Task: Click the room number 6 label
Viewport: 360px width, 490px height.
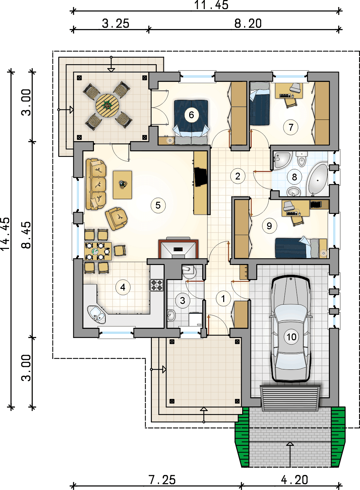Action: coord(191,115)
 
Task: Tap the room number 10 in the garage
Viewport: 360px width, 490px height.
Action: coord(291,337)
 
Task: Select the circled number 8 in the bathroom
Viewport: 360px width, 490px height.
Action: coord(295,177)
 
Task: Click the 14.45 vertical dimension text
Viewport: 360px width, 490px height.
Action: coord(6,234)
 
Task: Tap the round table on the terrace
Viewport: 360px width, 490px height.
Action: coord(107,106)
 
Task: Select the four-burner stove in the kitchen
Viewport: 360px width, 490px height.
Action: coord(156,285)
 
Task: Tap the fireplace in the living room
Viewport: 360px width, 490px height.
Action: coord(178,249)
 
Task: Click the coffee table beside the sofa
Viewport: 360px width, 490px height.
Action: coord(122,185)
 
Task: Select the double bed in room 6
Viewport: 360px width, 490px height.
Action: coord(191,122)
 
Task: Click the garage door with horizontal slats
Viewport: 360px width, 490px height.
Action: coord(290,398)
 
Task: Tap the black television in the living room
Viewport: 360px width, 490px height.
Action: coord(201,177)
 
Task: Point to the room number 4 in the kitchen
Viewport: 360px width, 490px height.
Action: coord(123,287)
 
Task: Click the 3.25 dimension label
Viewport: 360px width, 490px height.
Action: coord(116,23)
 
